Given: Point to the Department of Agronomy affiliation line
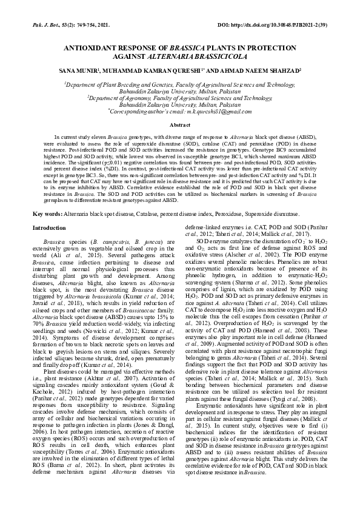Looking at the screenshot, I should point(179,97).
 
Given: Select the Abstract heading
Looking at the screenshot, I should point(179,124).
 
